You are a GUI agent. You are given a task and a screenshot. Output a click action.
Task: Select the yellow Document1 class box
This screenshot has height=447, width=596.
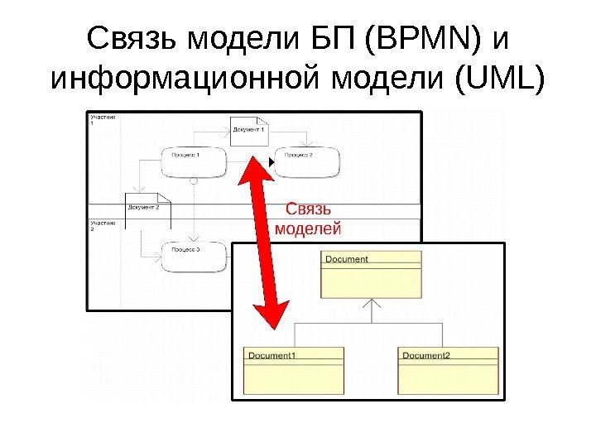293,370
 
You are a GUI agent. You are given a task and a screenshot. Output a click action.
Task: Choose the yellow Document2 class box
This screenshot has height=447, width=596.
449,370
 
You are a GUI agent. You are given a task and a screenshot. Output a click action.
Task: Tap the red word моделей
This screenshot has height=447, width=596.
307,228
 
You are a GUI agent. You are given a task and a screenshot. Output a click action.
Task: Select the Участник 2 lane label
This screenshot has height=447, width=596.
103,226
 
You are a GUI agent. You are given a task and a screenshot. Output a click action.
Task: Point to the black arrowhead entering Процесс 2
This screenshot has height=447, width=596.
270,161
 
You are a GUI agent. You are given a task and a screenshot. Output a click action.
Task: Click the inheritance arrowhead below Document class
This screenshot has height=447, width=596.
371,307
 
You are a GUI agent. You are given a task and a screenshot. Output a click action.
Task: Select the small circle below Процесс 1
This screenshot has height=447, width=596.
193,180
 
